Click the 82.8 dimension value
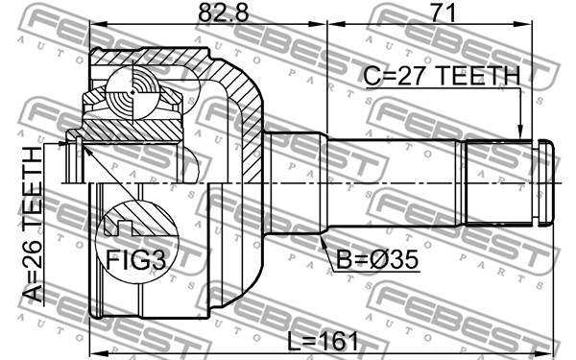point(223,13)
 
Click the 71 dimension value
point(443,12)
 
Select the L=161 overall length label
point(323,342)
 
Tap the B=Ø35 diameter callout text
point(377,259)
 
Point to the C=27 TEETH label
point(442,76)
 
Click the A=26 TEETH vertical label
point(33,224)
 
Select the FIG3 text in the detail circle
point(136,260)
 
